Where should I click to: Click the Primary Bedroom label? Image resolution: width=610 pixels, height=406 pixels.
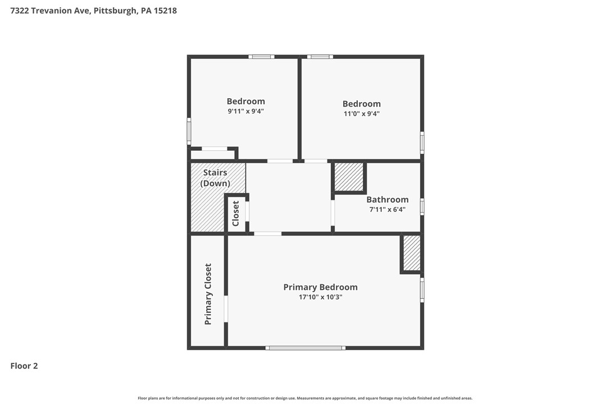pos(320,287)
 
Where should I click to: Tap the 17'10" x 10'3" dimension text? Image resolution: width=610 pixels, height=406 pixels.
pos(320,297)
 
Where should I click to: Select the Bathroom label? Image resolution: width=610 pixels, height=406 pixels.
pos(388,200)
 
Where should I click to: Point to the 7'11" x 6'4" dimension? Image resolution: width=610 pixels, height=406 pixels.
pos(388,209)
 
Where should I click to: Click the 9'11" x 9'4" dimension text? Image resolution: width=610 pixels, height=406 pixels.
pos(246,111)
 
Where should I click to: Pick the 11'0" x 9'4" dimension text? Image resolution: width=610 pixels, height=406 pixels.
pos(361,114)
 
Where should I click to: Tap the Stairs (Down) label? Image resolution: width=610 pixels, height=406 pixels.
pos(215,178)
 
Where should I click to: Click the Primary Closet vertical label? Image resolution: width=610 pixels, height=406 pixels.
pos(208,294)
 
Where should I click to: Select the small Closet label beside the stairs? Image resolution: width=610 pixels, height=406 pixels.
pos(236,213)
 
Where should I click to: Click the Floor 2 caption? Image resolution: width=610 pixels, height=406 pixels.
pos(24,366)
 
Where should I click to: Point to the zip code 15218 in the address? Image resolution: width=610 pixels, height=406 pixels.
pos(165,11)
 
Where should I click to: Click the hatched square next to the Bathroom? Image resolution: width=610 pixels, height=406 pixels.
pos(349,177)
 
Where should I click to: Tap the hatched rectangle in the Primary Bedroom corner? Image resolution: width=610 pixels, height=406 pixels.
pos(412,253)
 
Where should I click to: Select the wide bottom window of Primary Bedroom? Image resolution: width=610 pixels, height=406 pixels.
pos(306,348)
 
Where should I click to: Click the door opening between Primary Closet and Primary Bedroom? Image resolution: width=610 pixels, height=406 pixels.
pos(226,309)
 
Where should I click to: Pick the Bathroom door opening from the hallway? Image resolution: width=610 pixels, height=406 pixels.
pos(333,213)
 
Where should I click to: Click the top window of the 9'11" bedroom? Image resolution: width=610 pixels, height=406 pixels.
pos(261,57)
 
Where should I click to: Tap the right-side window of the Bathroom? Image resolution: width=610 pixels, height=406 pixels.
pos(422,206)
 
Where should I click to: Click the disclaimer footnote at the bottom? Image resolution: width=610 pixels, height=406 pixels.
pos(305,398)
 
